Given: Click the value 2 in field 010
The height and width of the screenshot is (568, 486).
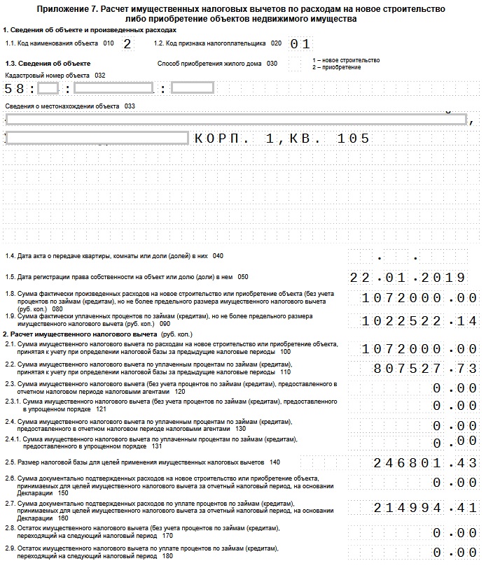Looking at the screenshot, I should pyautogui.click(x=127, y=43).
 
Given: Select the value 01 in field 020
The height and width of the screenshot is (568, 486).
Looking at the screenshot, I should pyautogui.click(x=300, y=44).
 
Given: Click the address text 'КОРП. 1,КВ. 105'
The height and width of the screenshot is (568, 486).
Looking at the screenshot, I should pyautogui.click(x=282, y=139).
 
